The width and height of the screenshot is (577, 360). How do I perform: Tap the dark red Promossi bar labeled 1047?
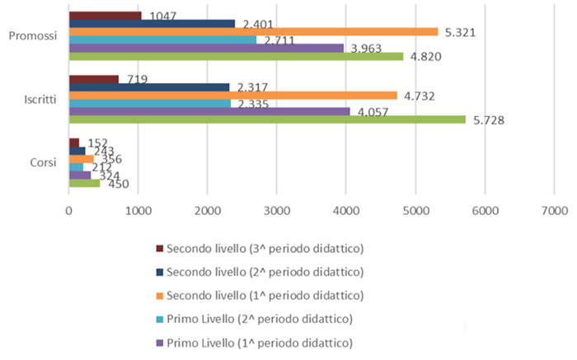click(105, 15)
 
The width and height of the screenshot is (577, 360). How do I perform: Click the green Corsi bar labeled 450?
click(84, 183)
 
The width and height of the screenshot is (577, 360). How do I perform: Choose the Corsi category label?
click(41, 162)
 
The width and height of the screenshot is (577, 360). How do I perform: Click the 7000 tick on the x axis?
click(552, 210)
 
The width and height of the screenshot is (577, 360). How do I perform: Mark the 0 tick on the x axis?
click(68, 210)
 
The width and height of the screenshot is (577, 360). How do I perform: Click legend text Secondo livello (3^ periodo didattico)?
click(265, 248)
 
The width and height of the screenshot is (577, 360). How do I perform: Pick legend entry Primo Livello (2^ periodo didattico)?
click(260, 319)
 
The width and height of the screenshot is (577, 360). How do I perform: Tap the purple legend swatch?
click(158, 343)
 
